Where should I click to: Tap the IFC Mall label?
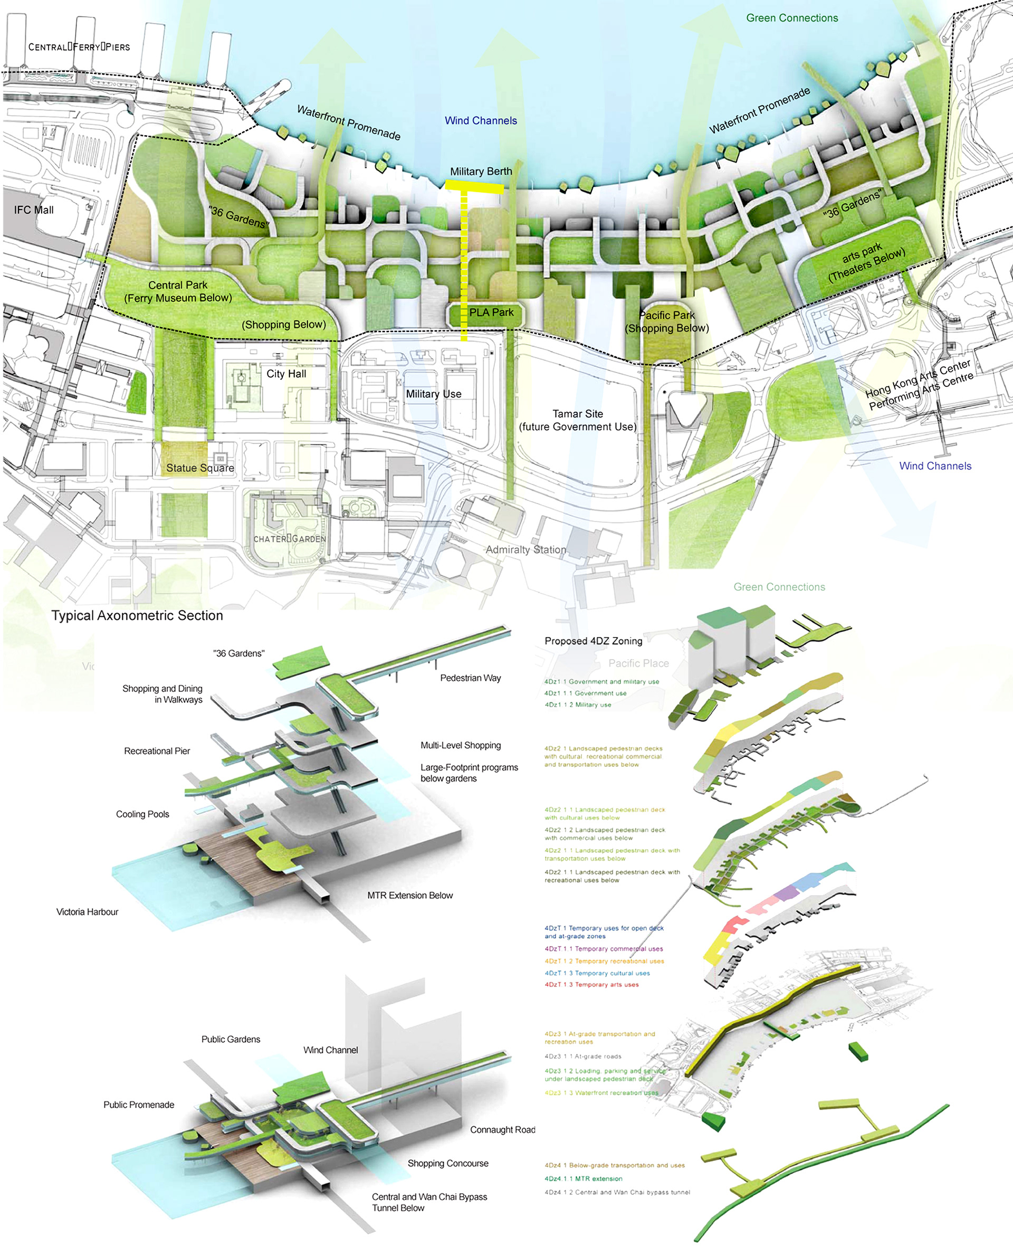click(x=34, y=210)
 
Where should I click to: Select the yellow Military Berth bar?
click(x=474, y=187)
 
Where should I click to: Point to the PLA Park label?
click(x=491, y=313)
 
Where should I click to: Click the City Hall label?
click(x=286, y=374)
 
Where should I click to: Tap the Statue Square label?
click(x=200, y=468)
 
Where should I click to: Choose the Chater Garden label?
click(x=290, y=539)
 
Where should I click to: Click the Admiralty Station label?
click(x=525, y=550)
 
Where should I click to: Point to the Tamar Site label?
click(x=578, y=414)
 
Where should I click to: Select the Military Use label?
click(x=434, y=395)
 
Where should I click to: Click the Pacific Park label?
click(x=667, y=316)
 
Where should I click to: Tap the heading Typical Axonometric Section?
click(x=137, y=616)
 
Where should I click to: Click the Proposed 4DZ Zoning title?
click(x=594, y=641)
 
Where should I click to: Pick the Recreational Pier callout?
click(x=157, y=751)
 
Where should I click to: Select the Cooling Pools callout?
click(x=142, y=814)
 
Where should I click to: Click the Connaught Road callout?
click(x=502, y=1130)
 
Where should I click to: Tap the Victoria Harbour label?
click(x=87, y=912)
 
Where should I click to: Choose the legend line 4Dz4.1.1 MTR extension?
click(x=584, y=1178)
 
